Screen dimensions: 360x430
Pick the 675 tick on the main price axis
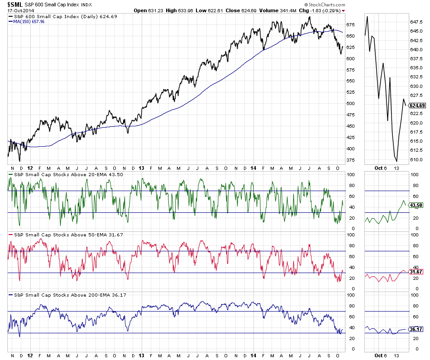pos(351,24)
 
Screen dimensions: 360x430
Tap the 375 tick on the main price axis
pos(351,160)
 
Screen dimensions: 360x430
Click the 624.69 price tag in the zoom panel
pos(416,106)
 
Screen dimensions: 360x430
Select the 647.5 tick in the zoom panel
pos(416,22)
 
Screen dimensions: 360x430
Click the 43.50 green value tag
pos(416,205)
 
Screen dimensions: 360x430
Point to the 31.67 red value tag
pos(416,272)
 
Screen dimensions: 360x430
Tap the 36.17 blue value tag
pos(416,329)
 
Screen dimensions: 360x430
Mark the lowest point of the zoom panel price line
pos(397,161)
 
